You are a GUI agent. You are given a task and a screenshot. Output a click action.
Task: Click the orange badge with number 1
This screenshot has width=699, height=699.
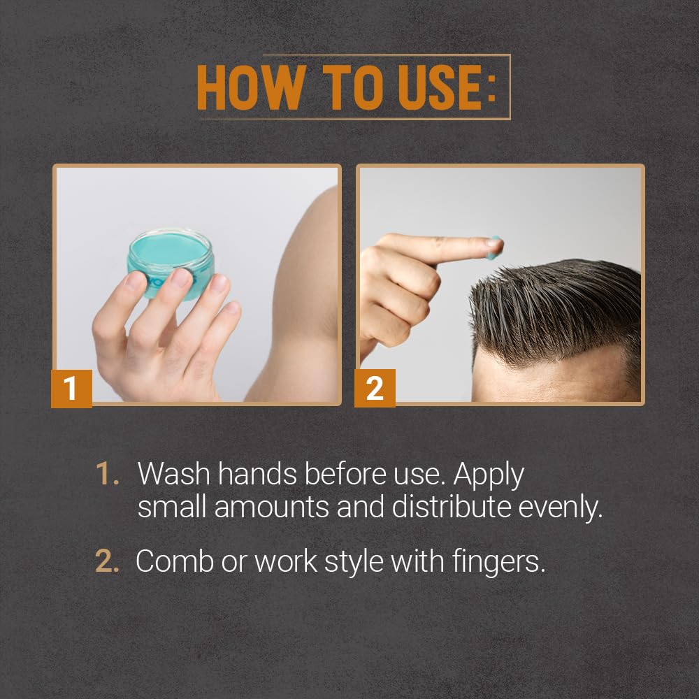click(71, 389)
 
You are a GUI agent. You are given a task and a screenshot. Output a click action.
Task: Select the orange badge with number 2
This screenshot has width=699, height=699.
click(375, 389)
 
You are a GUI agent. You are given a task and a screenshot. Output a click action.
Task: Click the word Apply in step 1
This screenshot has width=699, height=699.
click(489, 475)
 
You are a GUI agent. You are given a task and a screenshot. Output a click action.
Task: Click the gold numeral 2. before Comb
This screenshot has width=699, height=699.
click(108, 561)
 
